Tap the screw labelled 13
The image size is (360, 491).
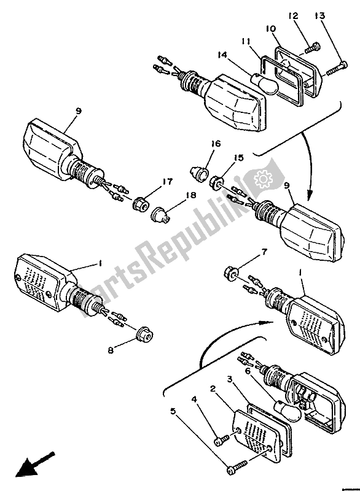(332, 71)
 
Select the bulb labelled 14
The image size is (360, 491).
(265, 83)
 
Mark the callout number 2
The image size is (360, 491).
(212, 389)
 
